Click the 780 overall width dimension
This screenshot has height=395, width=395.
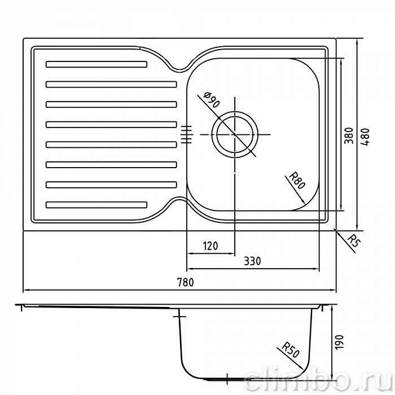point(186,282)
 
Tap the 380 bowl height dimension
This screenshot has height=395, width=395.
point(349,135)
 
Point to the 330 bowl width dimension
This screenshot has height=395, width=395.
point(252,261)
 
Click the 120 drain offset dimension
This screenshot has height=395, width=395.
point(210,245)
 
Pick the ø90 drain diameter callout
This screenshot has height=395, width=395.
point(212,100)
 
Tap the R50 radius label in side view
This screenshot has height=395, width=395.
point(291,350)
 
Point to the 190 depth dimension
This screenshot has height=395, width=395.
point(339,342)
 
